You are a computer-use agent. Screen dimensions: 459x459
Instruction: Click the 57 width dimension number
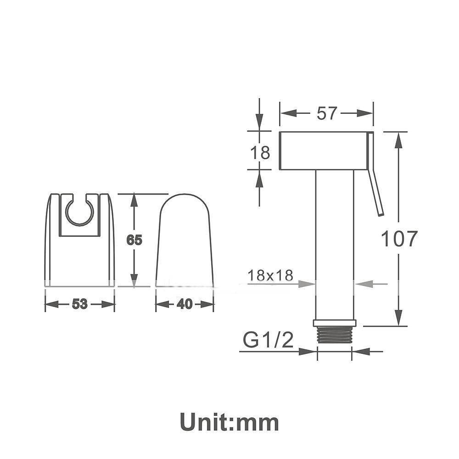pos(327,113)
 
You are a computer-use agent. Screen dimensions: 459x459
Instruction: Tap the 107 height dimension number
pos(399,239)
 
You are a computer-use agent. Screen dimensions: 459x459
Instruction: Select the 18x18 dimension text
pos(270,275)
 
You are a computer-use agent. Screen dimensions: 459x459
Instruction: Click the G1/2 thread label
pos(268,340)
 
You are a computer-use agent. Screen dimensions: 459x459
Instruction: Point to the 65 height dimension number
pos(134,240)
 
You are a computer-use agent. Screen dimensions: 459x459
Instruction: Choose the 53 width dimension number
pos(79,304)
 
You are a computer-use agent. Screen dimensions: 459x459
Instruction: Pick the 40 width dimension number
pos(185,304)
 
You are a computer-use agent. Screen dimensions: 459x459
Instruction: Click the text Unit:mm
pos(229,422)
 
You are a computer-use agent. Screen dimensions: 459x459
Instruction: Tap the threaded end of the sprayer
pos(334,335)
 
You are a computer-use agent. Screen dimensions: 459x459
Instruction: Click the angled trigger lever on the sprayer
pos(375,174)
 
